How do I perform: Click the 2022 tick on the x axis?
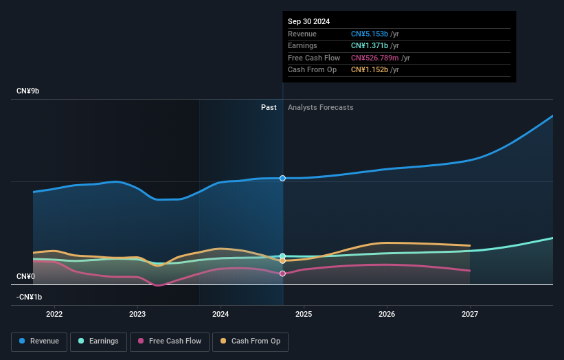[x=54, y=314]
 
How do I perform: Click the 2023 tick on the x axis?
[x=137, y=314]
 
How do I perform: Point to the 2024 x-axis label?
[x=221, y=314]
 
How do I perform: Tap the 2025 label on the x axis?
[x=304, y=314]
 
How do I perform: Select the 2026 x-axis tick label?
[x=387, y=314]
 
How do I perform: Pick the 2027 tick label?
[x=470, y=314]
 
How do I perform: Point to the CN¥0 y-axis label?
[x=25, y=276]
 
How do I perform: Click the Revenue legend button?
[x=38, y=341]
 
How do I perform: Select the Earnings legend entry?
[x=98, y=341]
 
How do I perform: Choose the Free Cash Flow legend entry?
[x=169, y=341]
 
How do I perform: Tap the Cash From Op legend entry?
[x=251, y=341]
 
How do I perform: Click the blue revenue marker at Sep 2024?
[x=282, y=178]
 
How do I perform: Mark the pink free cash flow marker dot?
[x=282, y=273]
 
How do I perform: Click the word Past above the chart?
[x=269, y=107]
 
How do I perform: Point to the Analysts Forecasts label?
[x=321, y=107]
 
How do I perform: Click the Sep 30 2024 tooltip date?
[x=308, y=21]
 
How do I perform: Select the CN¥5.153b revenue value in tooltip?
[x=370, y=34]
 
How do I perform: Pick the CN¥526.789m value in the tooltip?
[x=374, y=58]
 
